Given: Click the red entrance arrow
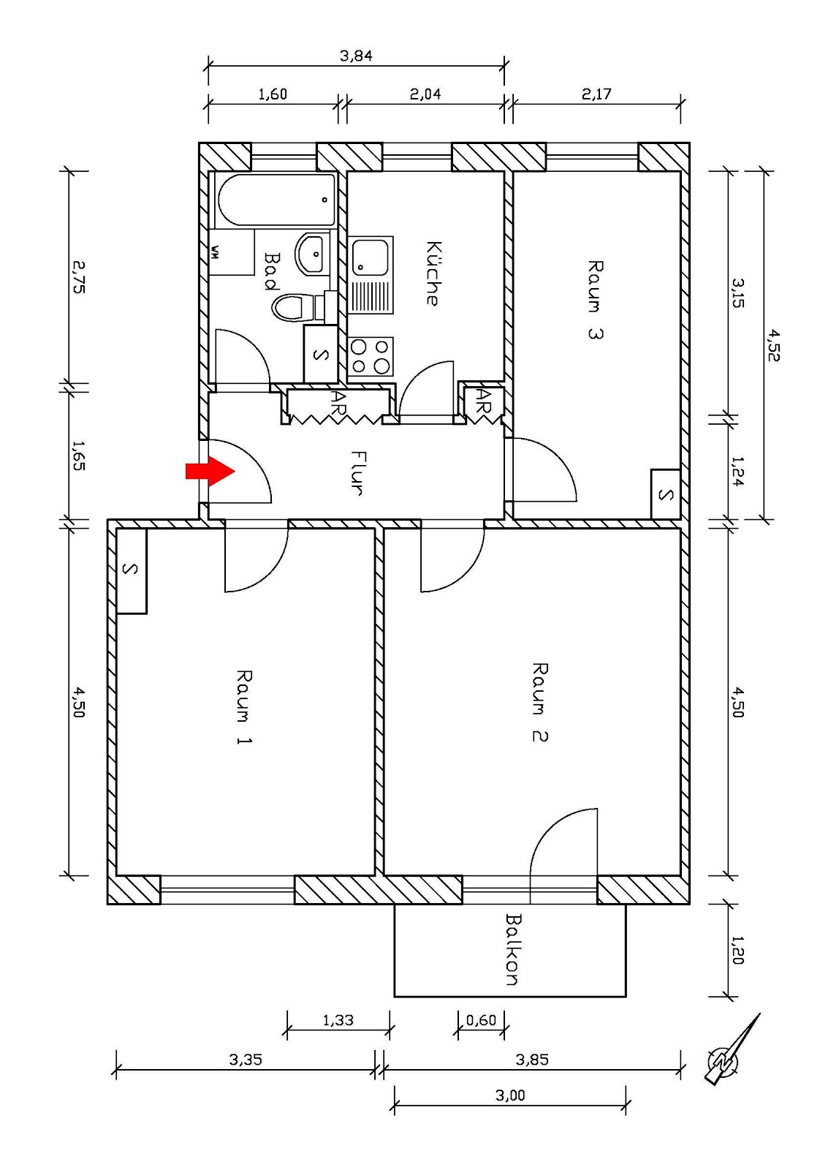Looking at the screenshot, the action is (x=210, y=472).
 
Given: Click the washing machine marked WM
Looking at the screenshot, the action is (x=231, y=252).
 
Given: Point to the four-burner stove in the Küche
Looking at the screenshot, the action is (x=370, y=357).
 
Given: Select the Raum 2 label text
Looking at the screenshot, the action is (x=539, y=702).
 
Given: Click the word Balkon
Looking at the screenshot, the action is (x=513, y=949).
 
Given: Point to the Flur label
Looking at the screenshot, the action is (x=358, y=472).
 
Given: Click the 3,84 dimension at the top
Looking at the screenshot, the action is (x=356, y=56).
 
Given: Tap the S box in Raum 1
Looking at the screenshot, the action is (x=131, y=571).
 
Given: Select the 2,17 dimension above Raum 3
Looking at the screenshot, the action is (x=596, y=94).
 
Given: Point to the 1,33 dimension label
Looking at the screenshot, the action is (x=338, y=1019).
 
